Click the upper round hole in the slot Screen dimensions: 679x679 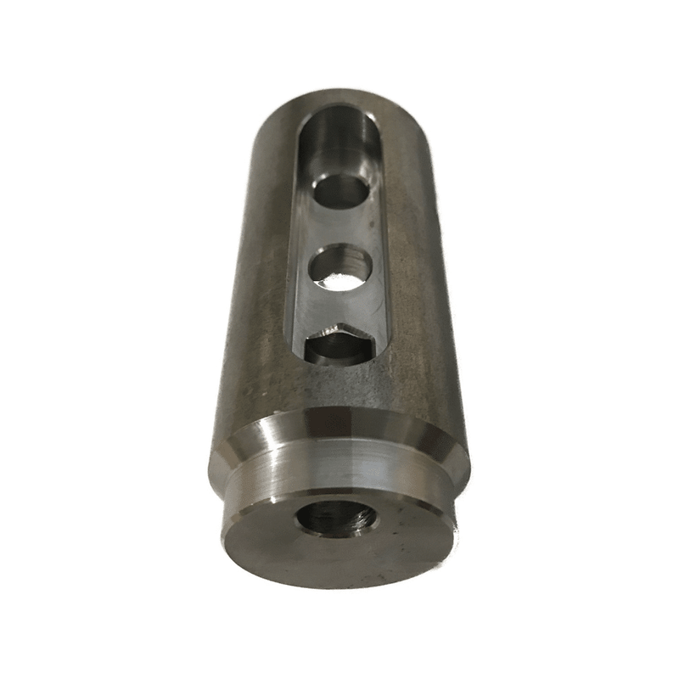point(340,191)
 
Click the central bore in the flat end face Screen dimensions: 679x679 point(337,518)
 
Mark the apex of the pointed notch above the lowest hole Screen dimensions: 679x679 point(339,323)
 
